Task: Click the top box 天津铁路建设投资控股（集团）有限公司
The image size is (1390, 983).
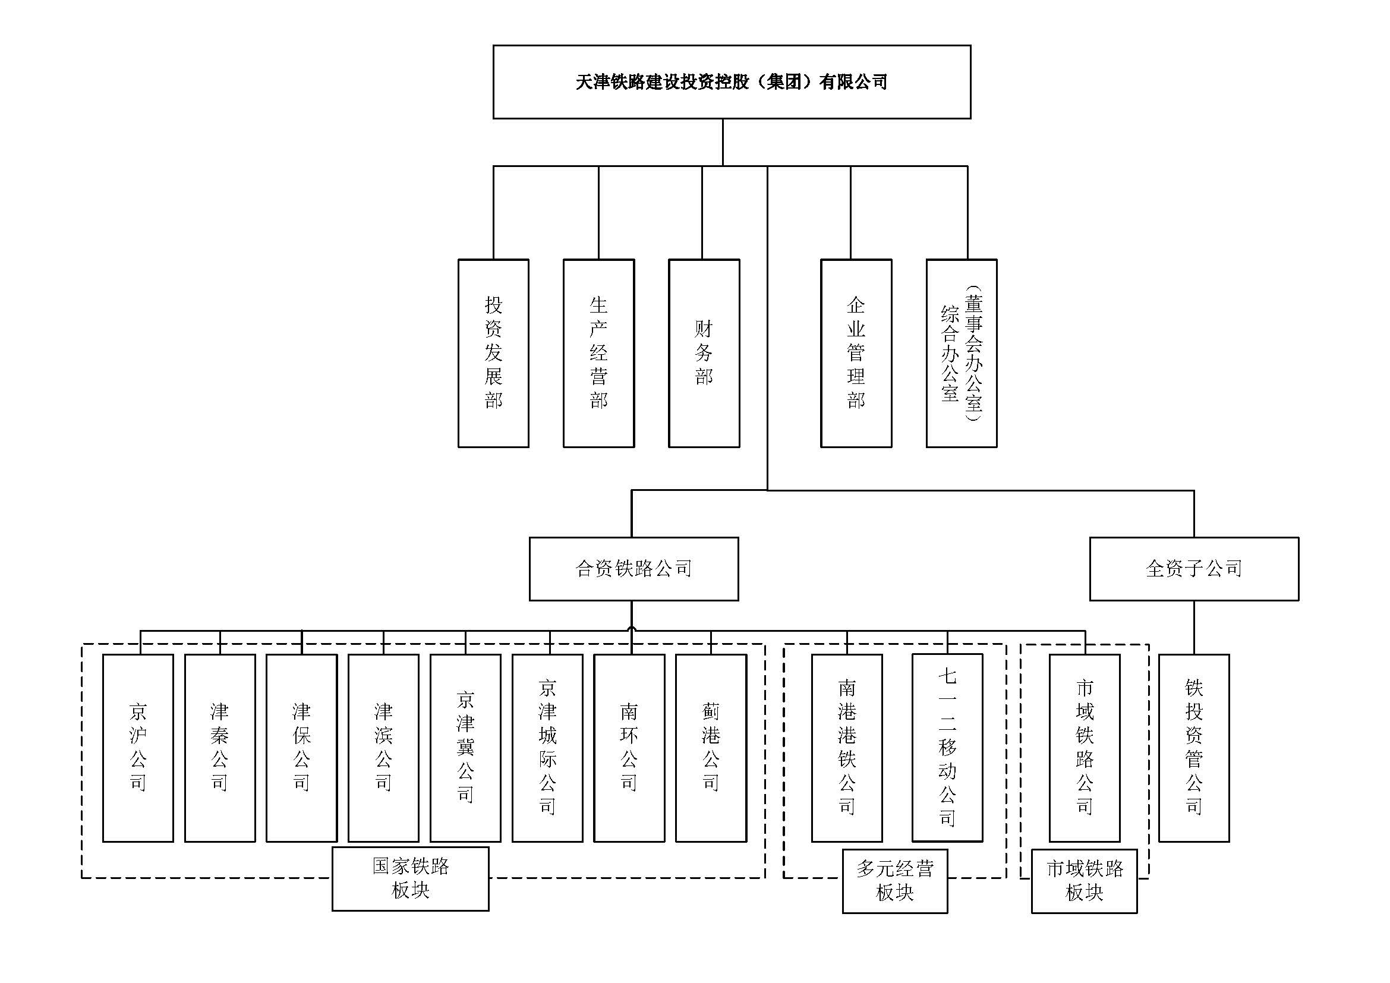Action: pyautogui.click(x=732, y=81)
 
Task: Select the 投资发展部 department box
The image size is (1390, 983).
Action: pyautogui.click(x=493, y=354)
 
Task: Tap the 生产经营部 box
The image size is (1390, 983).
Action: pyautogui.click(x=599, y=354)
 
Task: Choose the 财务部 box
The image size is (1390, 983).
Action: pyautogui.click(x=704, y=354)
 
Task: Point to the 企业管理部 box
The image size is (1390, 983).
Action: pyautogui.click(x=856, y=354)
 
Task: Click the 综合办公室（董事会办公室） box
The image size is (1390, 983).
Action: pyautogui.click(x=962, y=354)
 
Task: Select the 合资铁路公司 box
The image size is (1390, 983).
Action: pyautogui.click(x=634, y=568)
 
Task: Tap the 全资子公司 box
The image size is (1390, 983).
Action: pyautogui.click(x=1194, y=568)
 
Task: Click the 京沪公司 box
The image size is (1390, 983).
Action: pyautogui.click(x=138, y=748)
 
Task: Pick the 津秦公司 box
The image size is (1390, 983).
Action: pyautogui.click(x=220, y=748)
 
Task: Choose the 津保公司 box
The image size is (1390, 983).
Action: pyautogui.click(x=301, y=748)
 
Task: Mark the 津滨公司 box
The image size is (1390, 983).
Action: pyautogui.click(x=383, y=748)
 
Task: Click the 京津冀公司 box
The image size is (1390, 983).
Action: pyautogui.click(x=465, y=748)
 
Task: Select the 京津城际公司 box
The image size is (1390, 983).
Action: pyautogui.click(x=547, y=748)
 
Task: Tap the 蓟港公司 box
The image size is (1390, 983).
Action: pyautogui.click(x=711, y=748)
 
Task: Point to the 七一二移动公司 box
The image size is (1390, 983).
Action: pyautogui.click(x=947, y=748)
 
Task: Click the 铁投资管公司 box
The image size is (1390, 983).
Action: pyautogui.click(x=1194, y=748)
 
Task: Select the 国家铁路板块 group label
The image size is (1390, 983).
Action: pyautogui.click(x=411, y=878)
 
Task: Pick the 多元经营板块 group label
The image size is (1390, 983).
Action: pyautogui.click(x=895, y=881)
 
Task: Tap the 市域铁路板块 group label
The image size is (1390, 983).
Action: pyautogui.click(x=1085, y=881)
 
